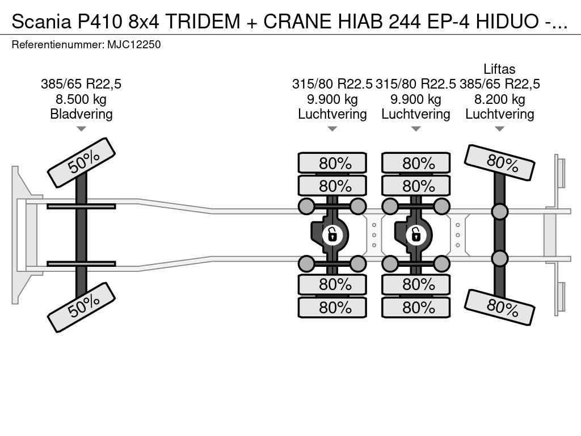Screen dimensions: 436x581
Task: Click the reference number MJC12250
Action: tap(134, 44)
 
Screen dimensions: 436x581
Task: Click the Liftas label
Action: tap(499, 69)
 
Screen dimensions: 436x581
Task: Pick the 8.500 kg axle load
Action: tap(81, 99)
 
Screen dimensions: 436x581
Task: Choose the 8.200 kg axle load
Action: tap(499, 99)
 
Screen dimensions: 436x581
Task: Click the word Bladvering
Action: tap(81, 114)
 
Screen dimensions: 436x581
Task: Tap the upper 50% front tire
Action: tap(81, 163)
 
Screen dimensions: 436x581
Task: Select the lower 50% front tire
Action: tap(81, 307)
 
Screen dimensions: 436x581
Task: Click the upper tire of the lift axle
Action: tap(500, 162)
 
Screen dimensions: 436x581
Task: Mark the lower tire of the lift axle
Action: tap(500, 307)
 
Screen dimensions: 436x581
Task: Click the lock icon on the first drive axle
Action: tap(332, 233)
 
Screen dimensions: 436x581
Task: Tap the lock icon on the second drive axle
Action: tap(416, 233)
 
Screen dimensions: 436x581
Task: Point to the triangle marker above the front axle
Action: tap(81, 129)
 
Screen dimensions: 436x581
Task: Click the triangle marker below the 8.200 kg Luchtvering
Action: tap(499, 129)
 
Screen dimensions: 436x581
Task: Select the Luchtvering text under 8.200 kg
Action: tap(499, 114)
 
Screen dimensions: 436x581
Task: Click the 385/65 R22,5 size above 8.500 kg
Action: tap(81, 85)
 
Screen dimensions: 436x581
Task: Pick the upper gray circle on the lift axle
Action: tap(499, 212)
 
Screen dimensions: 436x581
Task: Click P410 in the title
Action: tap(99, 21)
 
